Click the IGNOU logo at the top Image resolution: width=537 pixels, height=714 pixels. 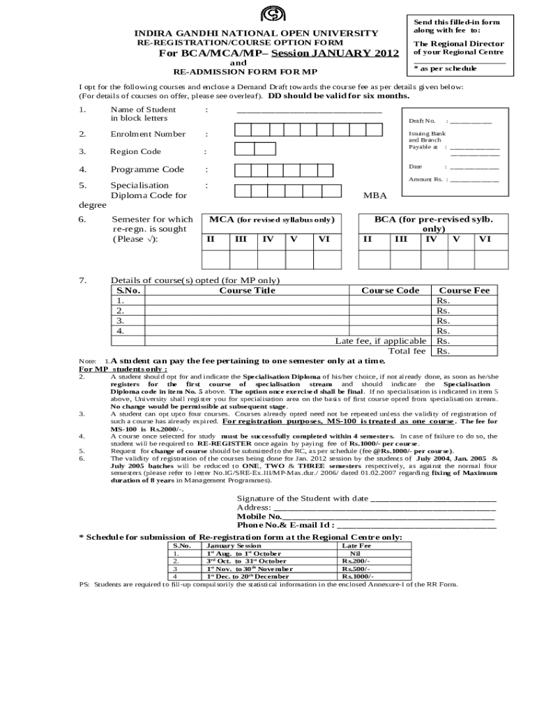tap(268, 15)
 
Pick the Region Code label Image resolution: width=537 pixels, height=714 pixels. tap(135, 151)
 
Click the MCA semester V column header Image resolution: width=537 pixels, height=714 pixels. tap(293, 239)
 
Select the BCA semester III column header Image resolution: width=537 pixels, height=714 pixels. tap(401, 239)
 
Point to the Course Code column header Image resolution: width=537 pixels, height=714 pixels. tap(390, 291)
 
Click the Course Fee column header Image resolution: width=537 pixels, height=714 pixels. tap(464, 291)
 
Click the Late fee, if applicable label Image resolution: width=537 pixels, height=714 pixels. tap(381, 341)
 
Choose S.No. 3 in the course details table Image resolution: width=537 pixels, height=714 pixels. tap(120, 321)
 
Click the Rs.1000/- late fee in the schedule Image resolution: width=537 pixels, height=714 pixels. tap(357, 577)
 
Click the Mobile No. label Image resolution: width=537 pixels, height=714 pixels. tap(259, 517)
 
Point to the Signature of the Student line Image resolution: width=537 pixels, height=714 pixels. tap(432, 499)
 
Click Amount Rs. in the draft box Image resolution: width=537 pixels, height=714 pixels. tap(426, 180)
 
